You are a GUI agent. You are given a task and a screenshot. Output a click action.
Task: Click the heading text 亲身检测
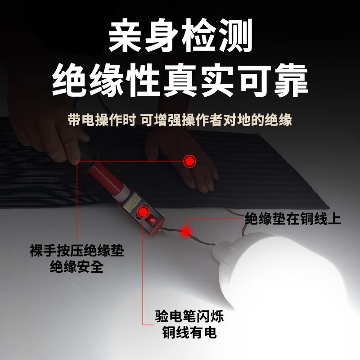180,37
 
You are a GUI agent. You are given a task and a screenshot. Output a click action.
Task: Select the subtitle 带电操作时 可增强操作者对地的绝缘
180,121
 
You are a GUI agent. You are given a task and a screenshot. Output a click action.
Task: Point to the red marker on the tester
143,211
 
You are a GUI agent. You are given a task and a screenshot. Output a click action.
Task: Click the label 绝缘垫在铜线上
293,219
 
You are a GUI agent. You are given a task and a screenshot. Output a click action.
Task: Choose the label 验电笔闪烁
189,316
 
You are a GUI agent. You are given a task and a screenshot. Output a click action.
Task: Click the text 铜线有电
189,333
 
